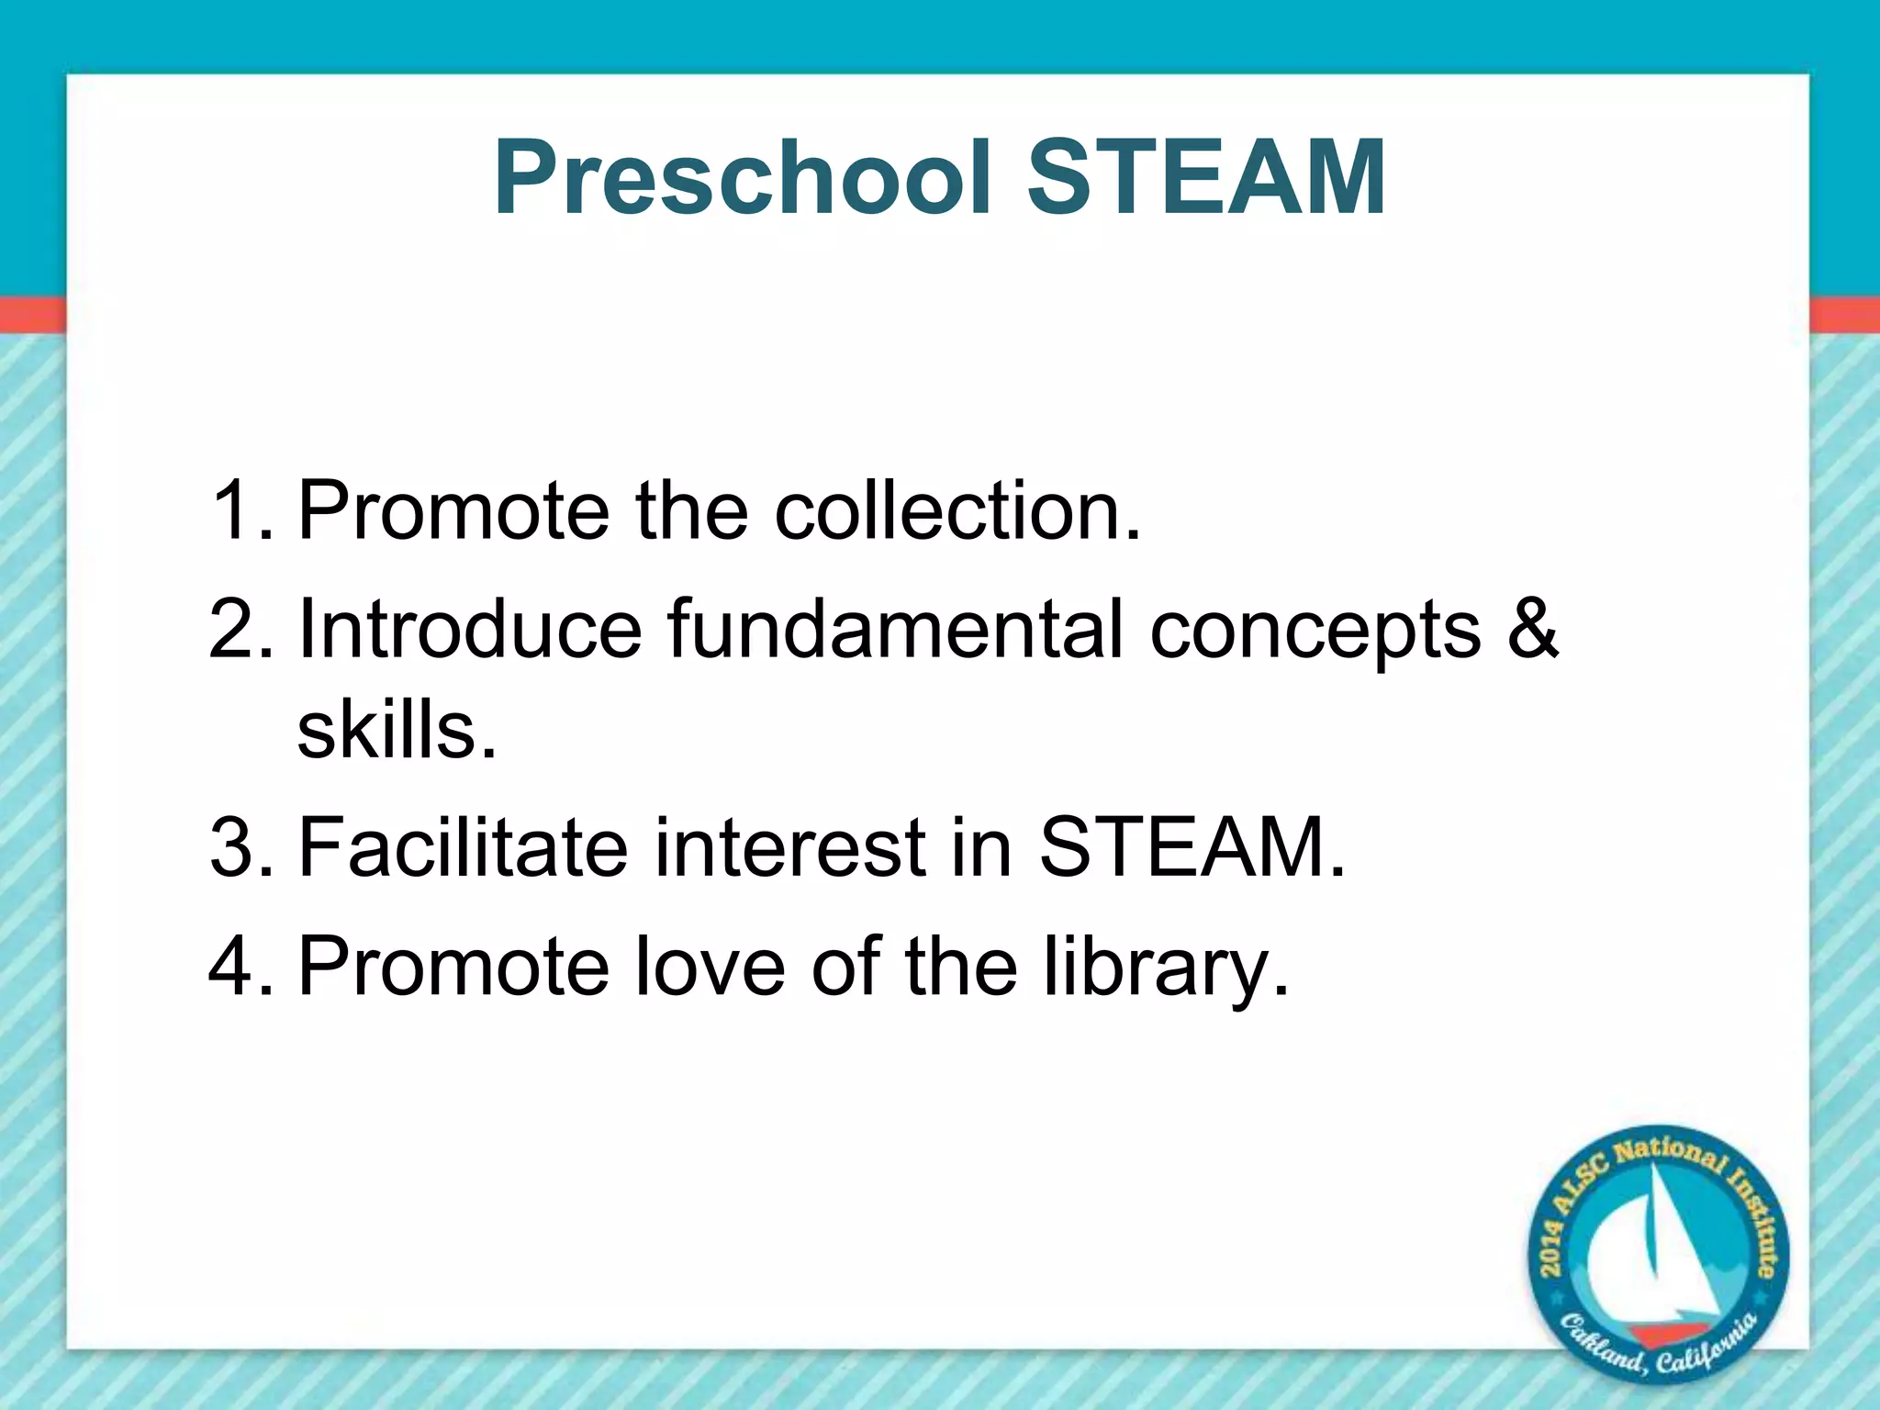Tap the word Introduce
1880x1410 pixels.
tap(469, 629)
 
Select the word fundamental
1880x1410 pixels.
tap(895, 629)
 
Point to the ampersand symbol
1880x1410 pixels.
tap(1532, 629)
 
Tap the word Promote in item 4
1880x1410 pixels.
tap(453, 966)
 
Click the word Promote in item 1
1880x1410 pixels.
tap(453, 511)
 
